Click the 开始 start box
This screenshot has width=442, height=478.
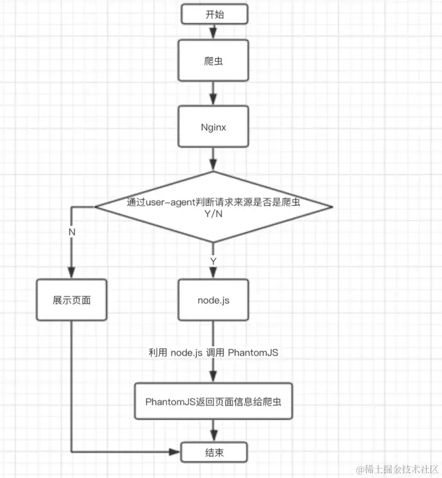[x=214, y=14]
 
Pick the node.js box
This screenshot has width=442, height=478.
[x=214, y=299]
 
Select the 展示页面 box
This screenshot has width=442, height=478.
[x=72, y=299]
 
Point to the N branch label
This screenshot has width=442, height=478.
[x=72, y=231]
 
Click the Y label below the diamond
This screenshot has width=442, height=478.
[x=214, y=261]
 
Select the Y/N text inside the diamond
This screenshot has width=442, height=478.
[x=214, y=214]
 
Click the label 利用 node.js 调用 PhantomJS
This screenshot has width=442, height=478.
[x=214, y=353]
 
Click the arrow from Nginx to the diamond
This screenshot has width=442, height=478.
[x=214, y=160]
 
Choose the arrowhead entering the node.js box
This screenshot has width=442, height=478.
[x=214, y=274]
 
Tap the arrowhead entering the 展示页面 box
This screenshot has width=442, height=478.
[x=72, y=274]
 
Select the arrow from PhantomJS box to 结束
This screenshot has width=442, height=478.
[x=214, y=430]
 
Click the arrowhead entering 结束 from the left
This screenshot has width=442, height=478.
[x=178, y=451]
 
